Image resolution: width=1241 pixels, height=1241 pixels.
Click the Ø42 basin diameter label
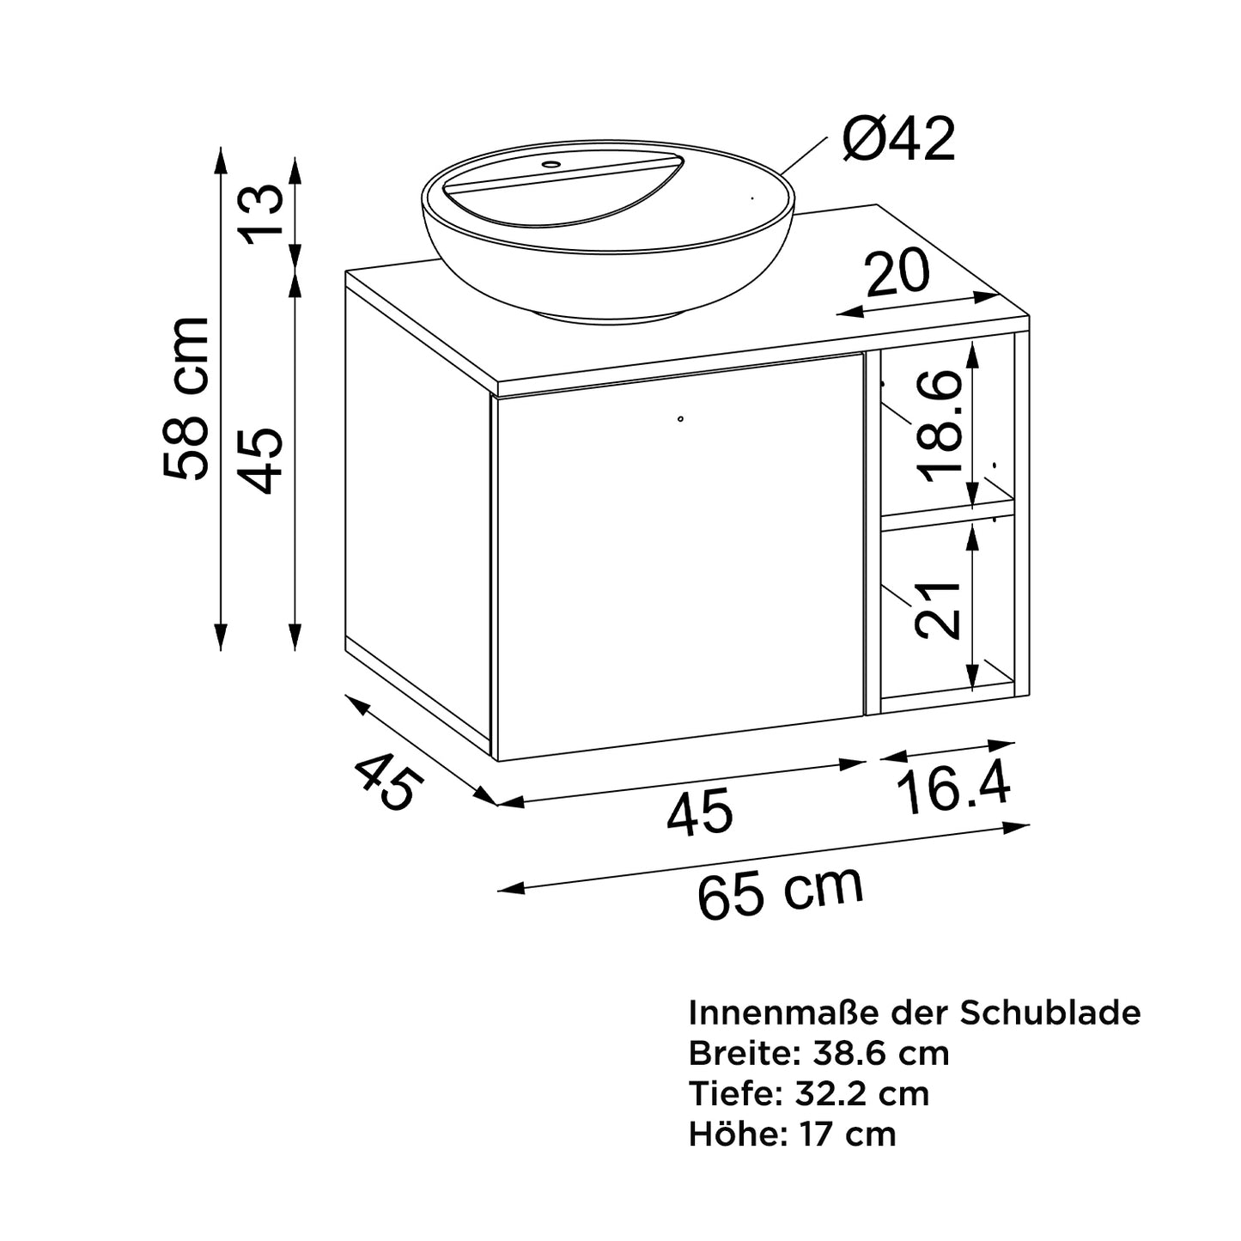898,139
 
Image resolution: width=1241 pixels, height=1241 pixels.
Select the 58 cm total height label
187,398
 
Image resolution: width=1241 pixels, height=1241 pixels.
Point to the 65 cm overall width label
779,893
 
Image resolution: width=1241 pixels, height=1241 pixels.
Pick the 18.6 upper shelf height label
940,425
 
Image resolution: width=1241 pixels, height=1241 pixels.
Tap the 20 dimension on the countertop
897,272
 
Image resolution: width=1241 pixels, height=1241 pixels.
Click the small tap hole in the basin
551,163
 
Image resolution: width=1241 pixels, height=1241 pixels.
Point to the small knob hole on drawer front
680,418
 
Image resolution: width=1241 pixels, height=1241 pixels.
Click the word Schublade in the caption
1050,1013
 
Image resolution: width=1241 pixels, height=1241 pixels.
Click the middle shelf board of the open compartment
948,513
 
